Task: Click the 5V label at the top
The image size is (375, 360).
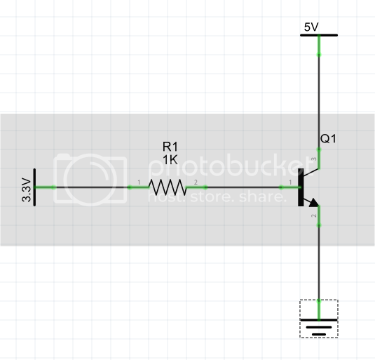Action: [x=311, y=27]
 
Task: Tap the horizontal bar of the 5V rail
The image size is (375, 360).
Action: [x=319, y=35]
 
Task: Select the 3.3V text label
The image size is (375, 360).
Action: [x=27, y=189]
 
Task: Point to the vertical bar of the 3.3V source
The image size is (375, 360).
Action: [x=36, y=187]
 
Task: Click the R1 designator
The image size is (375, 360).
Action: [x=170, y=147]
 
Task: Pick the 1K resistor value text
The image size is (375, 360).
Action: [x=170, y=160]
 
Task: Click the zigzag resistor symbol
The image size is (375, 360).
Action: [x=167, y=187]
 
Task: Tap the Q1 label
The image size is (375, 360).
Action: [x=328, y=139]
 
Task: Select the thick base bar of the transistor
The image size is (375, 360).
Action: [x=301, y=187]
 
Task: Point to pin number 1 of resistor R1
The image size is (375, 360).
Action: [x=139, y=183]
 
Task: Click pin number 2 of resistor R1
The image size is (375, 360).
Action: [x=196, y=183]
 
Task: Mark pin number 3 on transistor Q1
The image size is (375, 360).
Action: [x=313, y=161]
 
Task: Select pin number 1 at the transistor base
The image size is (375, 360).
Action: [x=290, y=183]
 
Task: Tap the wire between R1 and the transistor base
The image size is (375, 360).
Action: [x=245, y=187]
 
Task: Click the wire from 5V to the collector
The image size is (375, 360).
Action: [x=319, y=98]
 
